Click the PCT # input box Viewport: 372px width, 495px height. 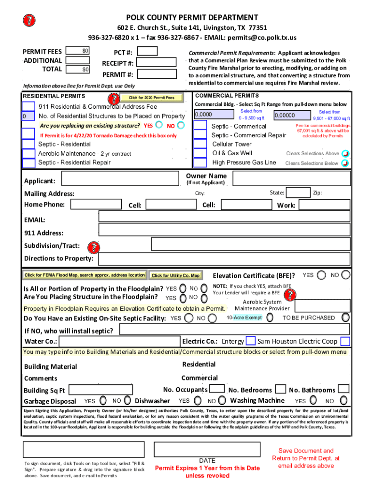[148, 51]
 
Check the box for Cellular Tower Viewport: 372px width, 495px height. [200, 144]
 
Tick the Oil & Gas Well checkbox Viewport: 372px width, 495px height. [200, 153]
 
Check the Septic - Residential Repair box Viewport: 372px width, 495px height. [29, 163]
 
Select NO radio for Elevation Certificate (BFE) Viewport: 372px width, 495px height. [346, 275]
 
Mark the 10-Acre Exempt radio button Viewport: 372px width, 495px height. [270, 318]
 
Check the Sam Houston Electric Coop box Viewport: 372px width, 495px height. [345, 341]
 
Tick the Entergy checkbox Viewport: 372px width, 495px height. [251, 341]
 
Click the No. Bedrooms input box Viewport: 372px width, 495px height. [280, 389]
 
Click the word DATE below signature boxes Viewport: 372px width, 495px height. [207, 461]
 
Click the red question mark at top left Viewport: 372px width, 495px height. [29, 20]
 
